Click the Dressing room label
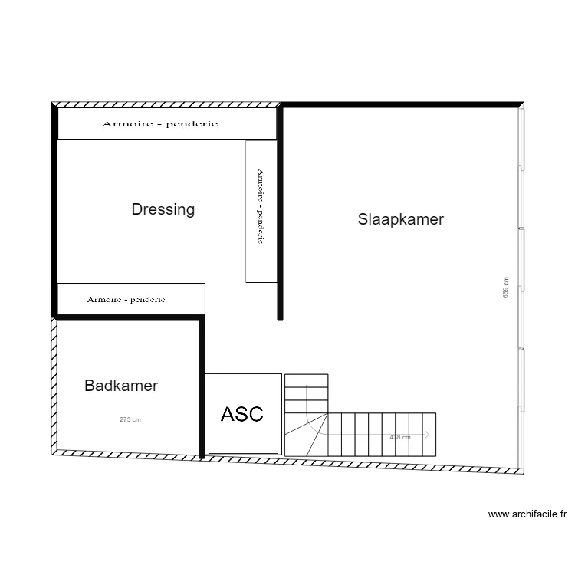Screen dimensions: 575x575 (163, 209)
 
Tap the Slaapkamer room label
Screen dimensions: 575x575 (401, 219)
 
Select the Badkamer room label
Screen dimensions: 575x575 (121, 386)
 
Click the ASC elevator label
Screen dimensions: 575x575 (242, 414)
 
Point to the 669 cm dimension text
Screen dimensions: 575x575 (506, 287)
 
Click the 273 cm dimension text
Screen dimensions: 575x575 (130, 419)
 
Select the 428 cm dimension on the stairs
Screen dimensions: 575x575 (400, 437)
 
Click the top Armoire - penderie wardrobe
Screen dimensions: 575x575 (167, 123)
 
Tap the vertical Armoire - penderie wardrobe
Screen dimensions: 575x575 (261, 211)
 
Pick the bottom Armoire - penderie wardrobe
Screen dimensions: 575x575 (131, 299)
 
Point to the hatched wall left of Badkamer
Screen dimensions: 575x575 (54, 383)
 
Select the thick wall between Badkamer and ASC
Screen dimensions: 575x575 (202, 387)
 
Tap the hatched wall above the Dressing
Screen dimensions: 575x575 (165, 103)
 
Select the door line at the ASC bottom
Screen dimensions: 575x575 (243, 454)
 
